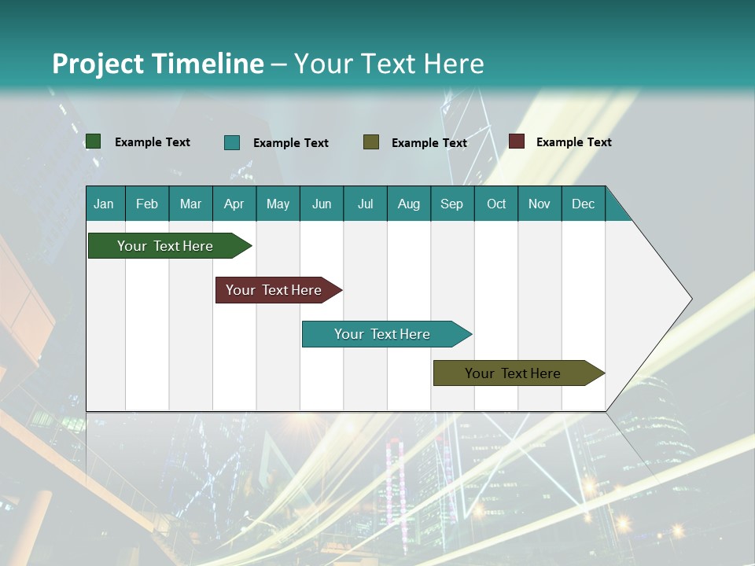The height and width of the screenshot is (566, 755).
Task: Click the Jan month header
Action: (x=104, y=204)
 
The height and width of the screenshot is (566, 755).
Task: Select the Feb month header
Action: (x=147, y=204)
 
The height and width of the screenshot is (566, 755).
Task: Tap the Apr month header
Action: (x=234, y=204)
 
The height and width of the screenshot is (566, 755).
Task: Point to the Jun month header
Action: (x=322, y=204)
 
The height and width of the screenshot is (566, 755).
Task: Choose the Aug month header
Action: (x=409, y=204)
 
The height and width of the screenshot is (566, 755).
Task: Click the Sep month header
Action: (x=452, y=204)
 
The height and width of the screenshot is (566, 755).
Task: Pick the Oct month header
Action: (x=496, y=204)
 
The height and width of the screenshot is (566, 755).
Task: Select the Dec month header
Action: (x=584, y=204)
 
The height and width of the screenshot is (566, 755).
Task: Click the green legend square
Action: (x=93, y=141)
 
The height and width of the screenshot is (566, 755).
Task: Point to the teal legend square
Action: (x=232, y=142)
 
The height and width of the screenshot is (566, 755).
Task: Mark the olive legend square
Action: (x=371, y=142)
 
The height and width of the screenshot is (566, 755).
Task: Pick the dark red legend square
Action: (x=516, y=141)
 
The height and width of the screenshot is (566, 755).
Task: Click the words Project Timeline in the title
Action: (x=158, y=64)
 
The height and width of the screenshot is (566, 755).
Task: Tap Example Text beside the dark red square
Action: (x=574, y=142)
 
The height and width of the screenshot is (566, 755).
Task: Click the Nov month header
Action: (x=540, y=204)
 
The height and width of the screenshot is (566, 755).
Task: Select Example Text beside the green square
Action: (x=153, y=142)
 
